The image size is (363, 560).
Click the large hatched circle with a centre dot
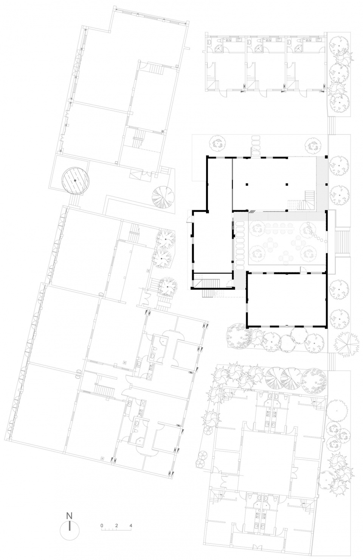pos(76,180)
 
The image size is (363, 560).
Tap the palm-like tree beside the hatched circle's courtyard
pos(163,198)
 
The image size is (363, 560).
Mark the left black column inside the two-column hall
pos(247,184)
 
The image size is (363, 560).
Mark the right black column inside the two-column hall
pos(287,184)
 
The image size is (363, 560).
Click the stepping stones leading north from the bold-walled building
pos(256,146)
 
